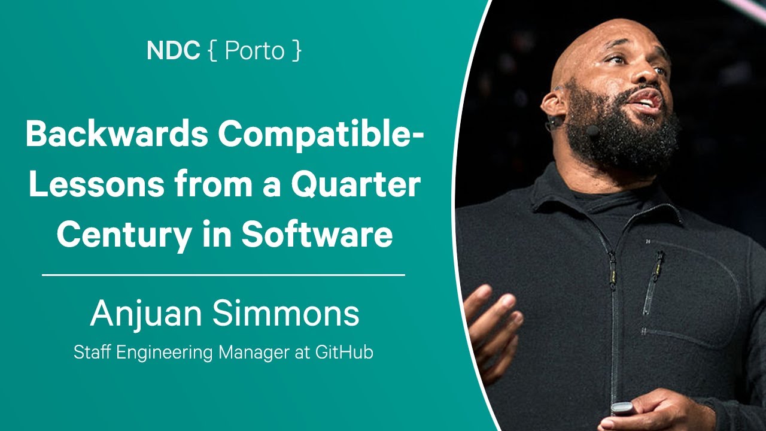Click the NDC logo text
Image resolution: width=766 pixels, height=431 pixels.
pos(174,50)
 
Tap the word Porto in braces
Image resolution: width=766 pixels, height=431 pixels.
pos(255,50)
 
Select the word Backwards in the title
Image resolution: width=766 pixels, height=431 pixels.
pos(117,134)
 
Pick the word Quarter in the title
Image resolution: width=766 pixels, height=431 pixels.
pos(355,186)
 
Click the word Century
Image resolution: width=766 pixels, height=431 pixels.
pos(124,236)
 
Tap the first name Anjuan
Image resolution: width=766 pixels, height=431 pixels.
pos(146,314)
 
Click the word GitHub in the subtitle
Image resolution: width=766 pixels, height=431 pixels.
pos(344,353)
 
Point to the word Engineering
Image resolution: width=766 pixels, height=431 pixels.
pos(165,353)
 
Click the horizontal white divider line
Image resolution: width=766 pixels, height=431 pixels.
pos(223,275)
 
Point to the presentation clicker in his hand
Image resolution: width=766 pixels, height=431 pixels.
pos(622,408)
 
